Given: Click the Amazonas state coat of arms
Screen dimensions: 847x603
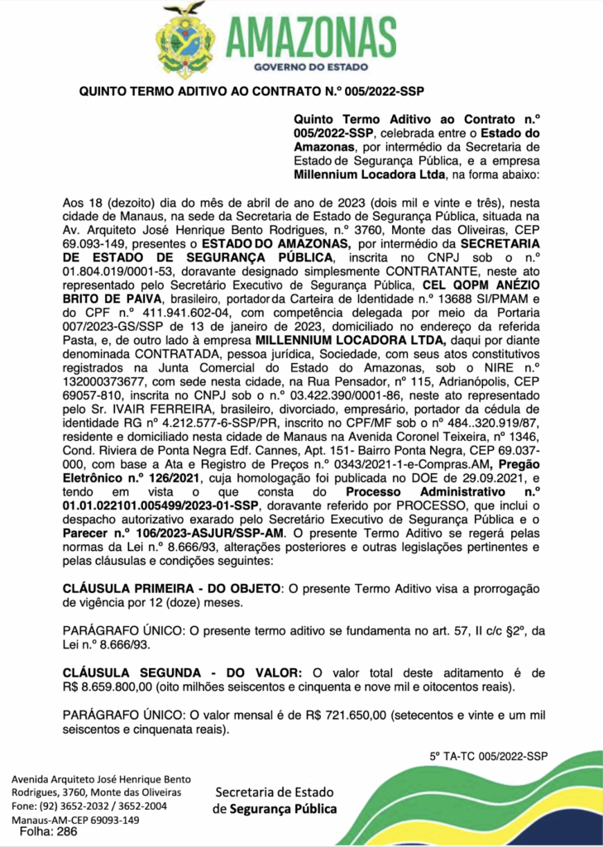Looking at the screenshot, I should pos(185,40).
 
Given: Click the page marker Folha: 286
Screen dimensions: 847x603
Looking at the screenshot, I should pos(54,832).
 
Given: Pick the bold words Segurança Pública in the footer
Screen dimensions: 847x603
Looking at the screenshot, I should pos(284,808).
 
